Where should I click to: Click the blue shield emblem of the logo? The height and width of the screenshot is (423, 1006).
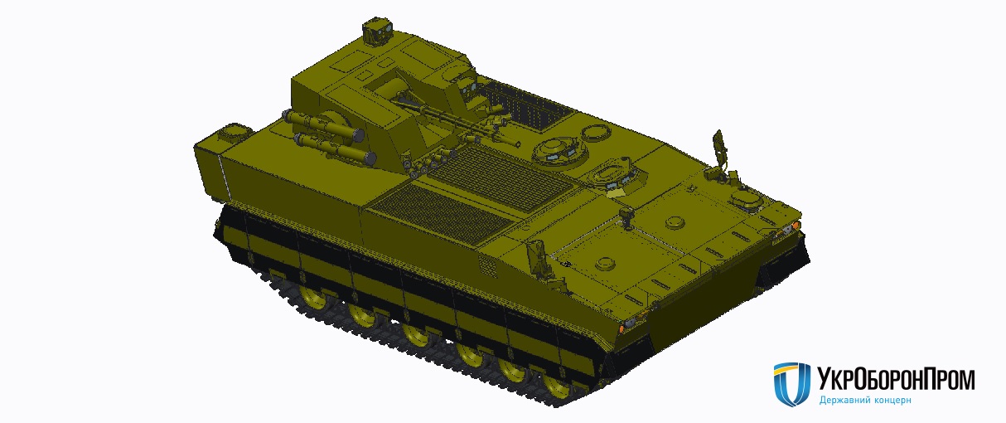791,383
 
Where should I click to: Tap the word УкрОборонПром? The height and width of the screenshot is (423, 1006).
896,379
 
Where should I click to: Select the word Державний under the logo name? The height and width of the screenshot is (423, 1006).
844,400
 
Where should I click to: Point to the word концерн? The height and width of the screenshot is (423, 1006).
892,400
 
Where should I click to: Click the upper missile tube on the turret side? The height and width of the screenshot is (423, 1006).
322,125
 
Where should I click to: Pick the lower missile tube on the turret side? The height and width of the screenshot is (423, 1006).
335,146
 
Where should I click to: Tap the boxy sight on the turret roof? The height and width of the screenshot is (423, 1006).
377,31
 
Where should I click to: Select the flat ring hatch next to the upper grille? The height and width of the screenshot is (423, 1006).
597,133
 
